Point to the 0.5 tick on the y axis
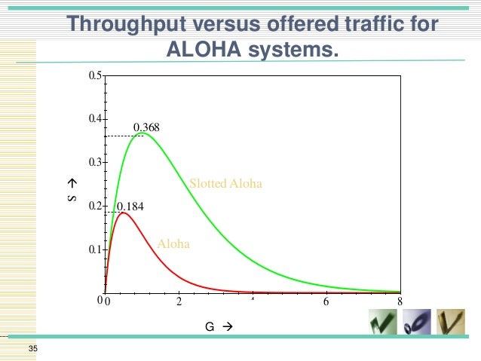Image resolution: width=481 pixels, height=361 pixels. pyautogui.click(x=95, y=76)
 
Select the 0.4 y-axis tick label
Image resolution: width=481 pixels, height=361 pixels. pyautogui.click(x=95, y=119)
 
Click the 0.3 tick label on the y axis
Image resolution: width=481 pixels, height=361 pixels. pyautogui.click(x=95, y=163)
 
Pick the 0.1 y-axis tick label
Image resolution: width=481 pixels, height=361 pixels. pyautogui.click(x=95, y=249)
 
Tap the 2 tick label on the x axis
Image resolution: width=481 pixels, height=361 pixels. pyautogui.click(x=179, y=302)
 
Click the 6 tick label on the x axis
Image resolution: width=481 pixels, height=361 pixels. pyautogui.click(x=326, y=302)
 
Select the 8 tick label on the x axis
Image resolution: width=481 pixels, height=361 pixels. pyautogui.click(x=400, y=302)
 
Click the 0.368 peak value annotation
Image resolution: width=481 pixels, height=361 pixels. pyautogui.click(x=146, y=127)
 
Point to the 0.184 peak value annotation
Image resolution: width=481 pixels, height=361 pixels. pyautogui.click(x=130, y=205)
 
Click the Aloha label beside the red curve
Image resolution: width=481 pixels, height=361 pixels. pyautogui.click(x=173, y=244)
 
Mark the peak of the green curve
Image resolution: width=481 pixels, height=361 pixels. pyautogui.click(x=142, y=133)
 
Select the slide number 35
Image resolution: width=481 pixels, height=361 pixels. pyautogui.click(x=32, y=348)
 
